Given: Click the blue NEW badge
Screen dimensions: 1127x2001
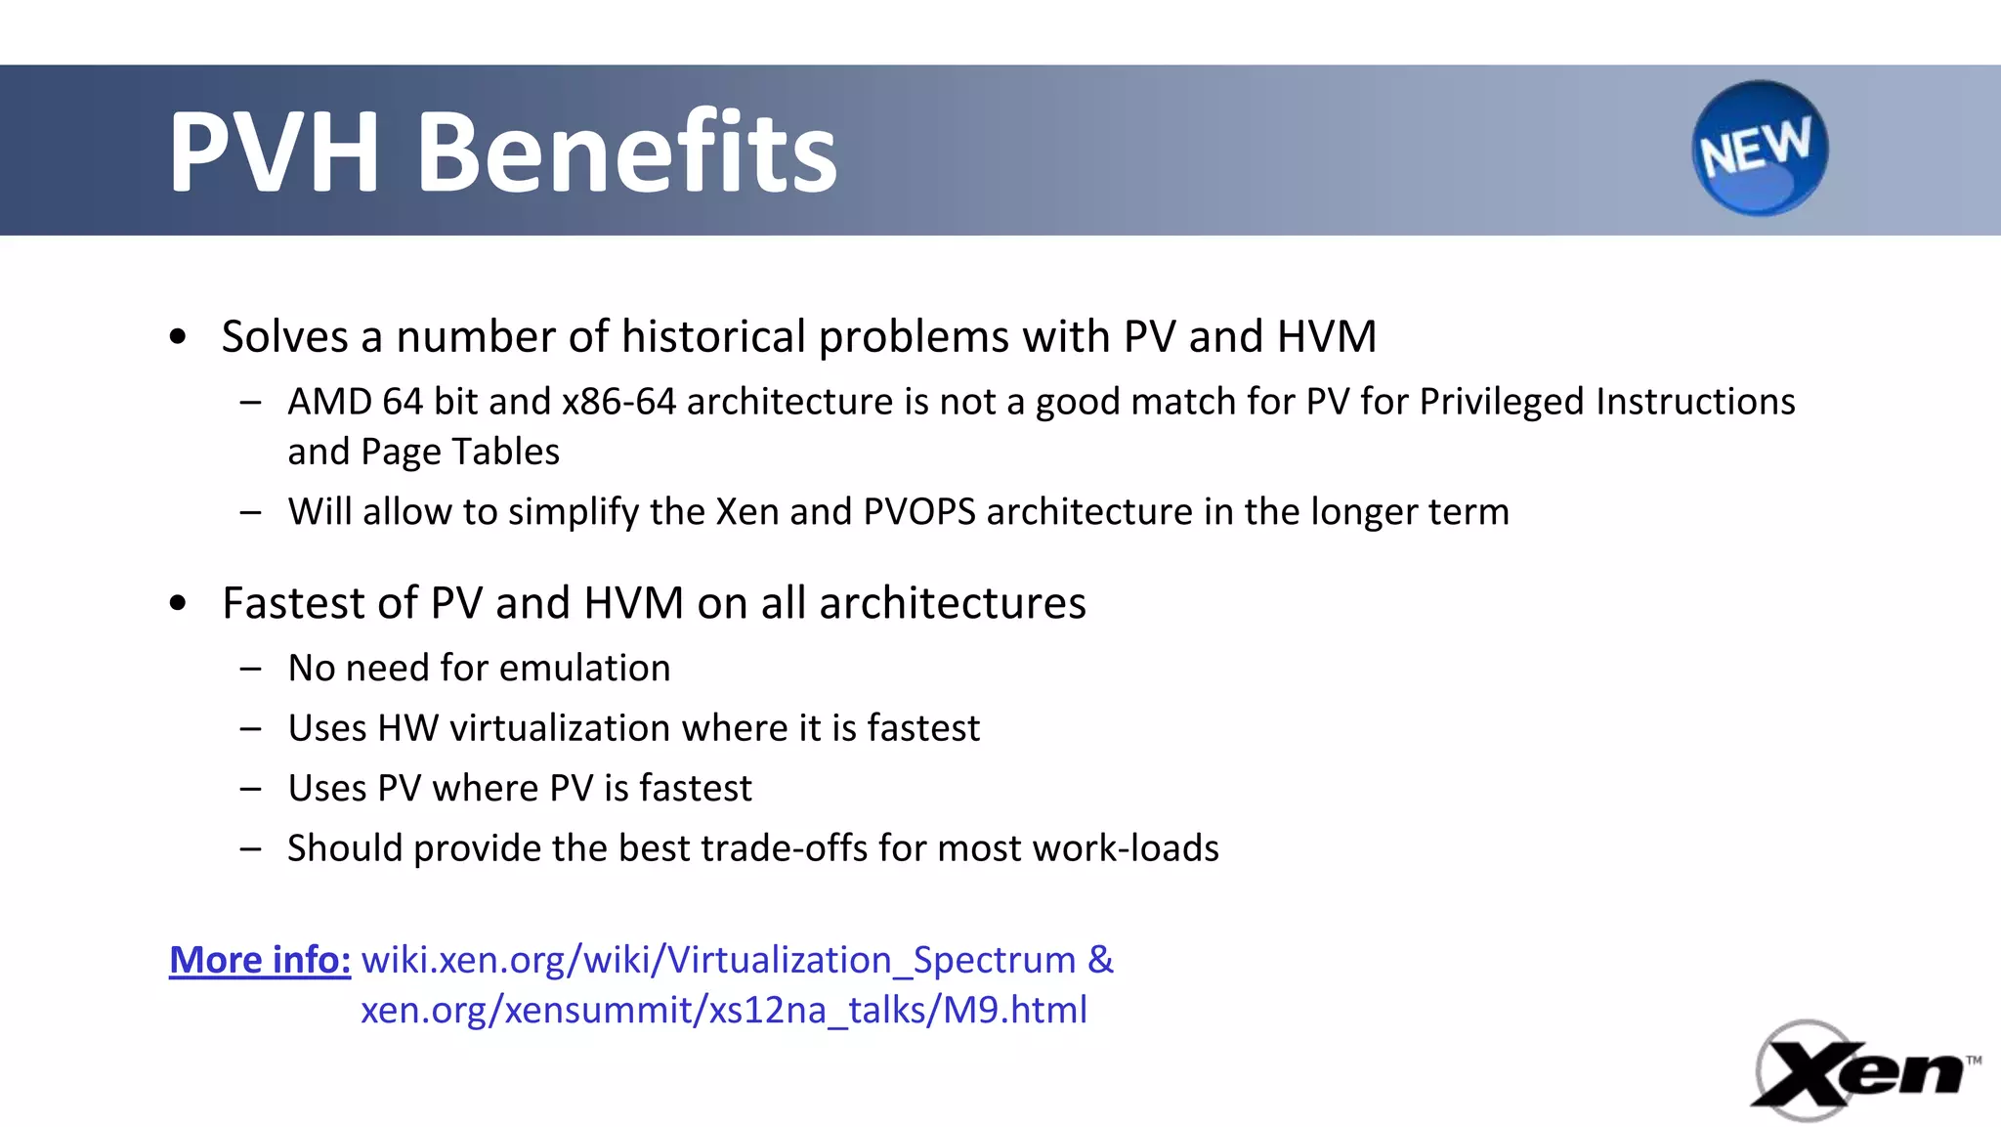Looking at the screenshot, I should (1759, 148).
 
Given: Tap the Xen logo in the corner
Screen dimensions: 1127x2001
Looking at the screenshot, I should (1861, 1071).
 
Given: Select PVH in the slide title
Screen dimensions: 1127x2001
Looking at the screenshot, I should (274, 152).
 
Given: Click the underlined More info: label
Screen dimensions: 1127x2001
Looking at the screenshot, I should (260, 960).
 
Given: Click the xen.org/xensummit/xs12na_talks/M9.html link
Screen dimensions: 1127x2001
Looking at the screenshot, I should (723, 1010).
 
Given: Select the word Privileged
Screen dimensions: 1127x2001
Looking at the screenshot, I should (1501, 402).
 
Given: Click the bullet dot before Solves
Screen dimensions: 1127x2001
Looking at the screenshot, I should (177, 337).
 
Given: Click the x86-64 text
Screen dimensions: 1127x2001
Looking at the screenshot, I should (618, 402).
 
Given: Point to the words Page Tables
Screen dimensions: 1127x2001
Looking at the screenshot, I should (459, 452).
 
